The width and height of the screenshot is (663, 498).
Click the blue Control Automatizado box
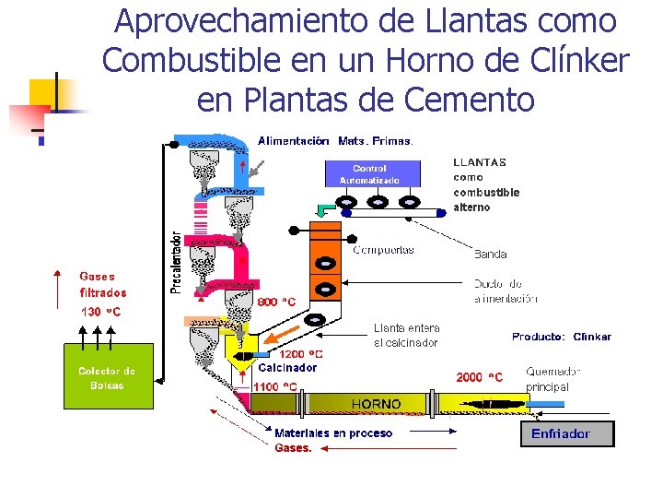click(372, 173)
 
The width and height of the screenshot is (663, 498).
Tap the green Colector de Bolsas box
click(106, 378)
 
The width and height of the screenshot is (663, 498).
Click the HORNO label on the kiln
click(376, 404)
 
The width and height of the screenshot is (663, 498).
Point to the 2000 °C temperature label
click(480, 377)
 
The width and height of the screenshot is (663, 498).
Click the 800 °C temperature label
click(276, 302)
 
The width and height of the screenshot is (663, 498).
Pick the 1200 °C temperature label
click(301, 354)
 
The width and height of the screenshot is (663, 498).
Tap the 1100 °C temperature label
click(275, 386)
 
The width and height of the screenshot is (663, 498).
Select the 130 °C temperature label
click(100, 312)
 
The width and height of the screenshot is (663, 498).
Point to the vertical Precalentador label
click(176, 263)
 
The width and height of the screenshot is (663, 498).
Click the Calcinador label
click(287, 367)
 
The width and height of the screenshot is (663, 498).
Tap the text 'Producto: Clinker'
click(561, 337)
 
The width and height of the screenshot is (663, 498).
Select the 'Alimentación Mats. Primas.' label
click(335, 141)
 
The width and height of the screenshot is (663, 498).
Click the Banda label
click(490, 254)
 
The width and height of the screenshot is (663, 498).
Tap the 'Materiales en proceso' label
click(333, 433)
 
